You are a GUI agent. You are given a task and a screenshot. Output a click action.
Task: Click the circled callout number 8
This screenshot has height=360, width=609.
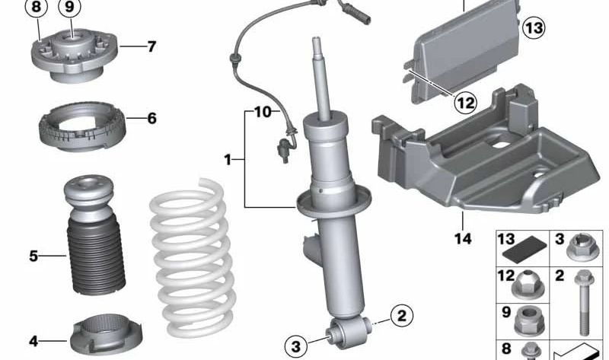coord(36,8)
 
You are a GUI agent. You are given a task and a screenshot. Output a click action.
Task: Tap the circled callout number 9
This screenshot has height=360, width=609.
coord(69,8)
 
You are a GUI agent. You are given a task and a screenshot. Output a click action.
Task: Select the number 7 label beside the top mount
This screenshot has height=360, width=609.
coord(151,46)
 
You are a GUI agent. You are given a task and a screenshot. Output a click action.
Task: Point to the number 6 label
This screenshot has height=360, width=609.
coord(151,118)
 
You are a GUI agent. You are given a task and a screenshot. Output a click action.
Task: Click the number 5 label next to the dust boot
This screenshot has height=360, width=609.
coord(33,256)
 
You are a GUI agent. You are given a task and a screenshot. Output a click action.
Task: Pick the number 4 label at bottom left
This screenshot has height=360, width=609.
coord(33,342)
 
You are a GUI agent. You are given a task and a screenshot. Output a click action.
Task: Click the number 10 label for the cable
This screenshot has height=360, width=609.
coord(263,112)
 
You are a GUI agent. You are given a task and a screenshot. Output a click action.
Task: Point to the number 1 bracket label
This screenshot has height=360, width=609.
coord(228,159)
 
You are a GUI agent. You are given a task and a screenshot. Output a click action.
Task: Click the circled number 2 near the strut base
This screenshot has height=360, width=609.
coord(402,315)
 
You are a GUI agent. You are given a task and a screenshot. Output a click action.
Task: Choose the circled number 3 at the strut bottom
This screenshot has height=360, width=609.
coord(296,346)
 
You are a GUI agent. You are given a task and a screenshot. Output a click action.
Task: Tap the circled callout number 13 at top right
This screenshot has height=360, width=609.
coord(534,28)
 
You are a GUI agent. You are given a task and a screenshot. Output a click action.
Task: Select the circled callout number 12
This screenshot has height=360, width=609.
coord(465,103)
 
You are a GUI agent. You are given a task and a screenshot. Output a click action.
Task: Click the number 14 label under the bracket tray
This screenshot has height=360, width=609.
coord(463,238)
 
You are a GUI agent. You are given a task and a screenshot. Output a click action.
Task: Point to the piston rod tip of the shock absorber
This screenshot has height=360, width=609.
coord(317,39)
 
